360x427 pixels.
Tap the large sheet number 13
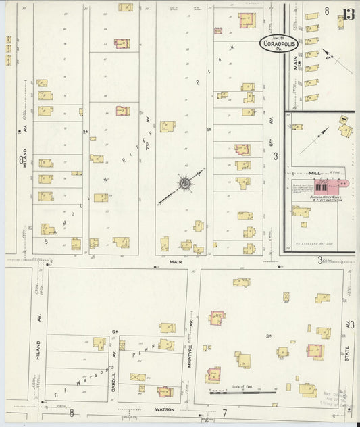pyautogui.click(x=347, y=14)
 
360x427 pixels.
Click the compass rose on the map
pyautogui.click(x=184, y=182)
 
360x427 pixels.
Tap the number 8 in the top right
pyautogui.click(x=327, y=11)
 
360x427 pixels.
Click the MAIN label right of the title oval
pyautogui.click(x=295, y=63)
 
